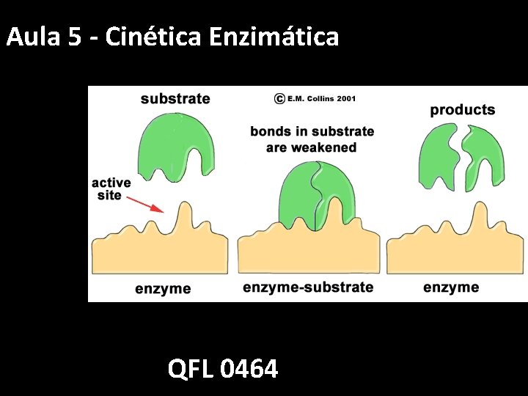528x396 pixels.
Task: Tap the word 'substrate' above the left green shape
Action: coord(175,99)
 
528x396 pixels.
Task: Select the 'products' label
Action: coord(462,110)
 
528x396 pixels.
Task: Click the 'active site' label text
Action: coord(111,189)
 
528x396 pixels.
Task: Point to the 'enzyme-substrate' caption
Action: coord(308,287)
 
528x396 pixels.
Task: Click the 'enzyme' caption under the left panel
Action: coord(163,288)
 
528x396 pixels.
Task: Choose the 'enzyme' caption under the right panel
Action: coord(451,287)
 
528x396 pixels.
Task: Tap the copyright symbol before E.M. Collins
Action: coord(279,98)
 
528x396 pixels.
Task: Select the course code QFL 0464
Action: coord(223,368)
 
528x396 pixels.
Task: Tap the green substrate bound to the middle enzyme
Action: coord(315,194)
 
